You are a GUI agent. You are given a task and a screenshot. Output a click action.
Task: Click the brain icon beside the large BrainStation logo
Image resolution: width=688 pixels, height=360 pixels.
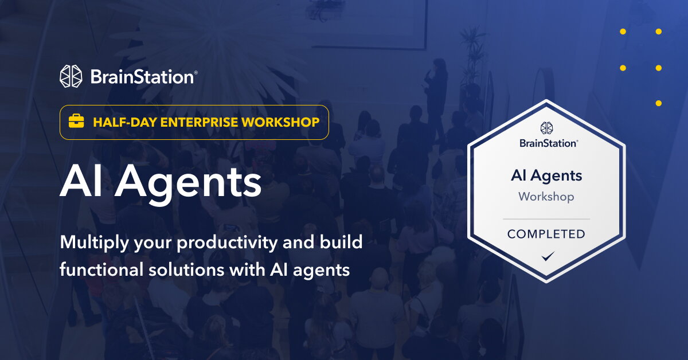tap(72, 76)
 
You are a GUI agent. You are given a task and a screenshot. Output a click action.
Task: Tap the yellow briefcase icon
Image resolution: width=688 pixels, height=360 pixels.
tap(76, 122)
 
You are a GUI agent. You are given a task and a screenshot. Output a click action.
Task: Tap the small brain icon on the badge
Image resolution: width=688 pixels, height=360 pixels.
tap(546, 128)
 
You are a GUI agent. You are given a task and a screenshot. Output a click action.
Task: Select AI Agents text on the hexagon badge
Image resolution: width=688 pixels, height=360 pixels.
tap(546, 175)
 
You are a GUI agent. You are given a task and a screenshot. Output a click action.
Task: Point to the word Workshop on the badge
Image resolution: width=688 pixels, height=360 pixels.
tap(546, 197)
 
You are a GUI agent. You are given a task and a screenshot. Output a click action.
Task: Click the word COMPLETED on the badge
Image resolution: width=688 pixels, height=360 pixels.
tap(546, 234)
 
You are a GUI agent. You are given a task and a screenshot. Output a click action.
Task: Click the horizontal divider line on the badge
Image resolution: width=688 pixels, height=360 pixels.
tap(546, 218)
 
